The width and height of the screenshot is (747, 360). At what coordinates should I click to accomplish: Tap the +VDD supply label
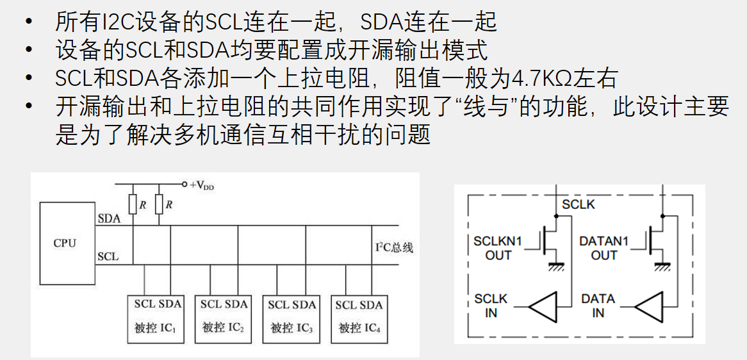tap(202, 185)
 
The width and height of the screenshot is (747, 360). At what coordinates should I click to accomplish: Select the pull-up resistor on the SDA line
tap(133, 204)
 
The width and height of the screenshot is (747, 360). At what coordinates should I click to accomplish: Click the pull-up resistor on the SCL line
tap(159, 204)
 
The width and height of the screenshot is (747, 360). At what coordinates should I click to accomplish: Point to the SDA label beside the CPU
tap(109, 219)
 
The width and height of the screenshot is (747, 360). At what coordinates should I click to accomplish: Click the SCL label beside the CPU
tap(108, 257)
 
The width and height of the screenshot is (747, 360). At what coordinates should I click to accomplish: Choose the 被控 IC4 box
tap(359, 319)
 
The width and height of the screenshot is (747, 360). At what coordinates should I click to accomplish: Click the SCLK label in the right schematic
tap(579, 205)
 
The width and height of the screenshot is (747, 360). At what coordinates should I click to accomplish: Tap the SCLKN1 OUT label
tap(498, 248)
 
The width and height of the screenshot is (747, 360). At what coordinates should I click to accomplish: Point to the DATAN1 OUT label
tap(603, 248)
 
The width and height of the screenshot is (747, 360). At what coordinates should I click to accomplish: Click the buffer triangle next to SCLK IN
tap(543, 306)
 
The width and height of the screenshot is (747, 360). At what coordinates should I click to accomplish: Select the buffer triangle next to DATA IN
tap(649, 306)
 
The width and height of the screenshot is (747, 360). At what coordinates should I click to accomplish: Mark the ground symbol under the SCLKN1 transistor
tap(554, 266)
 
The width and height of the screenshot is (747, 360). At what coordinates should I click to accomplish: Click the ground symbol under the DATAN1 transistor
tap(661, 266)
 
